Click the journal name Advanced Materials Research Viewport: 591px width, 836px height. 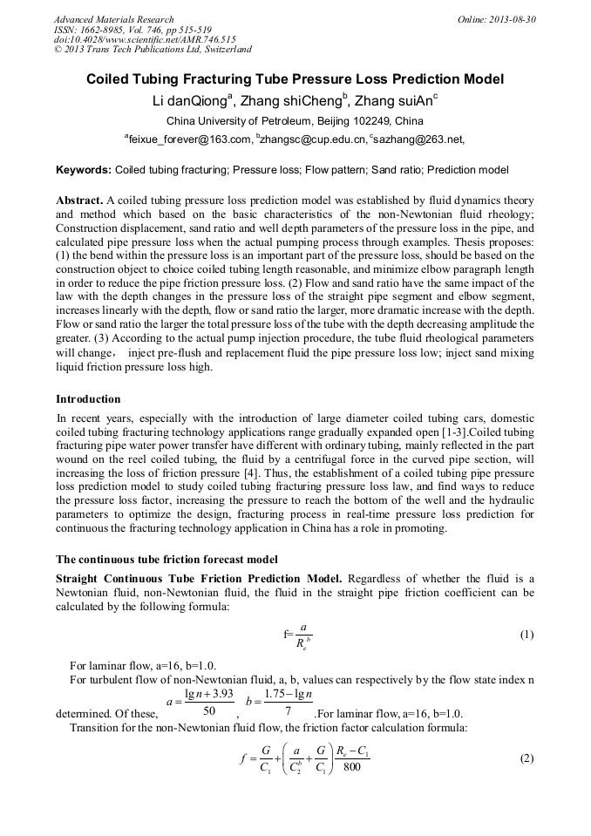coord(113,19)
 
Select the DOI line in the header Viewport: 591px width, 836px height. coord(145,39)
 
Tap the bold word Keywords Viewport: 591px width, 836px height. coord(83,169)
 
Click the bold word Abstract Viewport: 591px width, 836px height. coord(80,200)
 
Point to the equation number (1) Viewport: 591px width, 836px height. coord(526,635)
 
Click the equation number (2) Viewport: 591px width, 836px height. coord(526,758)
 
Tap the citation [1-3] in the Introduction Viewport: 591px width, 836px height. coord(450,431)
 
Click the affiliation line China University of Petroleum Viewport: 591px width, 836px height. coord(295,120)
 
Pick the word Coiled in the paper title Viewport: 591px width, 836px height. coord(108,79)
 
